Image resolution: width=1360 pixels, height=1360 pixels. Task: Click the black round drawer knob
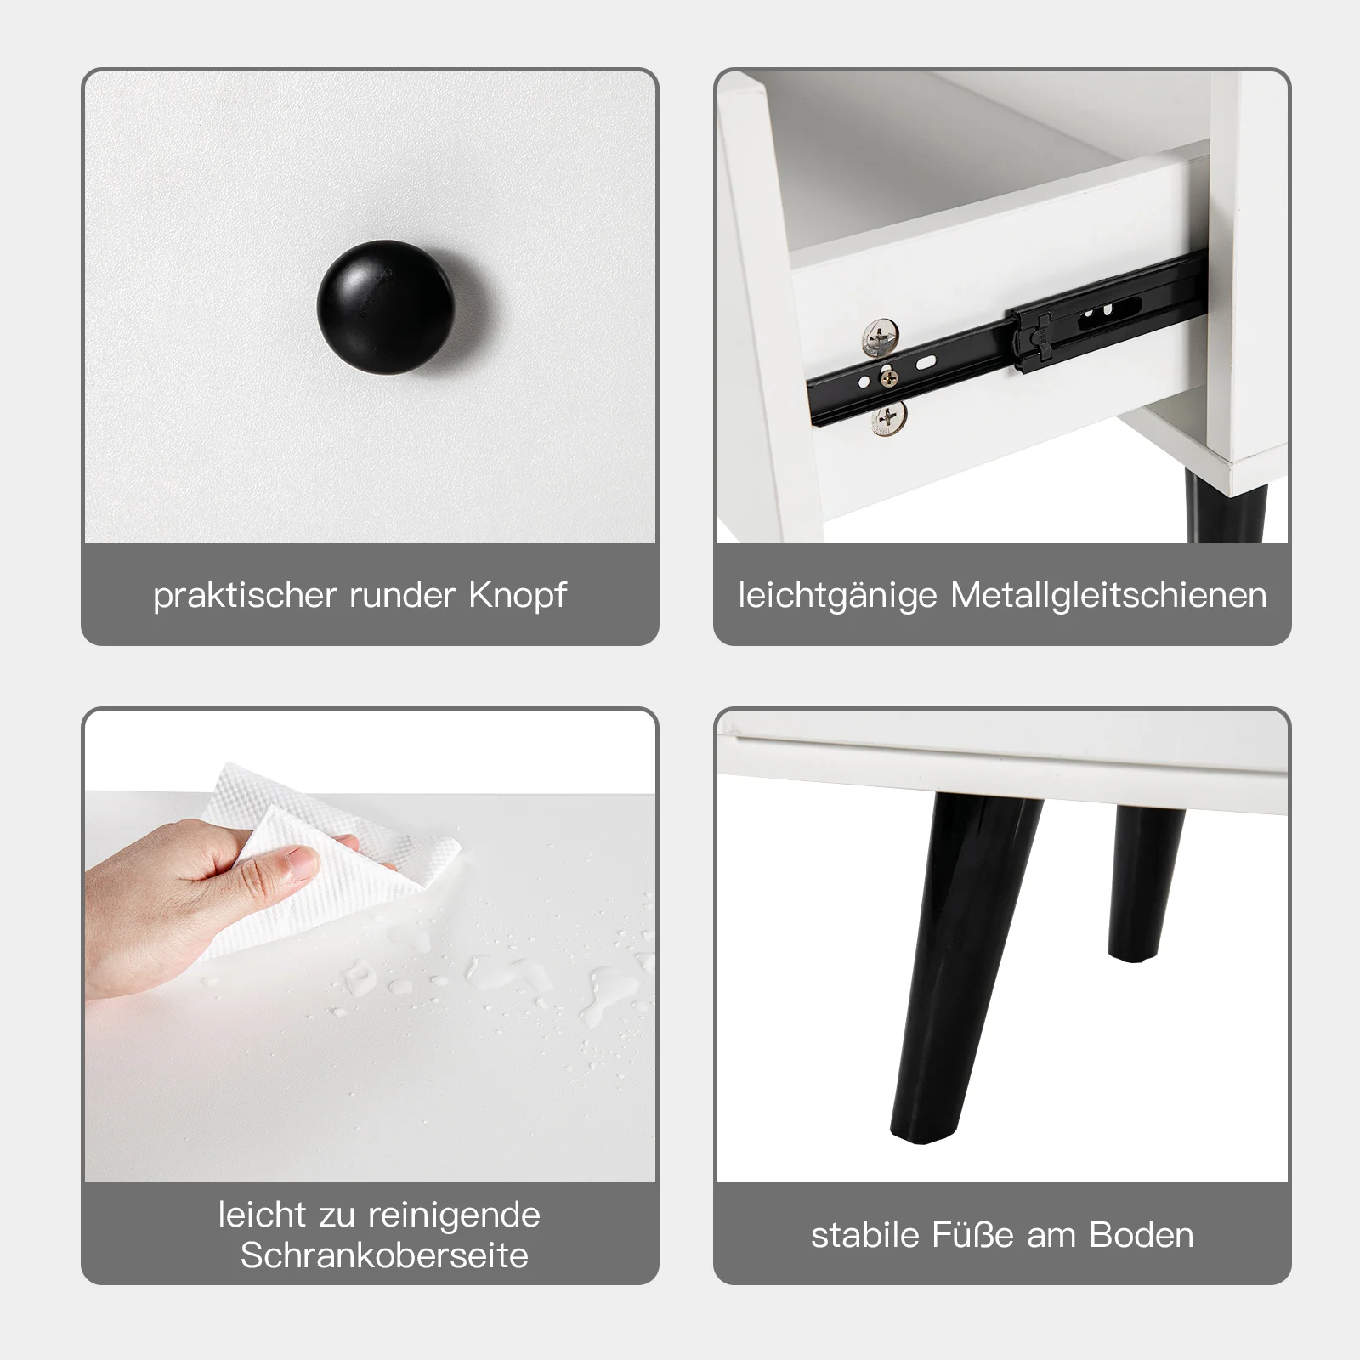coord(386,305)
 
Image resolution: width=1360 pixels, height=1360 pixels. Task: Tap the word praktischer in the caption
coord(246,595)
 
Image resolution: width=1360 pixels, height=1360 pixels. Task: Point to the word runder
coord(404,595)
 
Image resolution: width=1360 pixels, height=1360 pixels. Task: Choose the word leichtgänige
coord(838,595)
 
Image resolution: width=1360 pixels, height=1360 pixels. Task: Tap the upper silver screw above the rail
coord(881,337)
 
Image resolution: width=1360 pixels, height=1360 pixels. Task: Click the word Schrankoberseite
coord(384,1255)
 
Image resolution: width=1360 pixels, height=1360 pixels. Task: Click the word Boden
coord(1142,1235)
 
